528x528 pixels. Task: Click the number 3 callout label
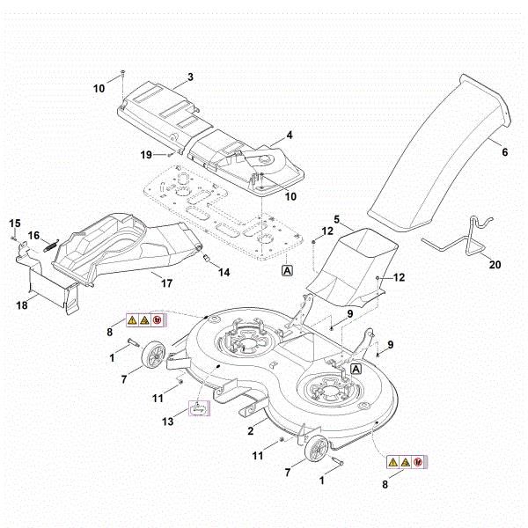tap(190, 78)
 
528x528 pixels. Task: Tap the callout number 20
tap(494, 265)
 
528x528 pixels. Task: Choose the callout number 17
tap(165, 283)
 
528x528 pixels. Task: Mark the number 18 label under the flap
tap(21, 304)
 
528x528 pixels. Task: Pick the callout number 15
tap(15, 223)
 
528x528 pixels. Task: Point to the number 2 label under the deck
tap(251, 430)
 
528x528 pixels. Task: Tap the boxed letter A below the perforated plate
tap(287, 272)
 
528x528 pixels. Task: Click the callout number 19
tap(147, 155)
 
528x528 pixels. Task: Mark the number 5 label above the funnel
tap(335, 217)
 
